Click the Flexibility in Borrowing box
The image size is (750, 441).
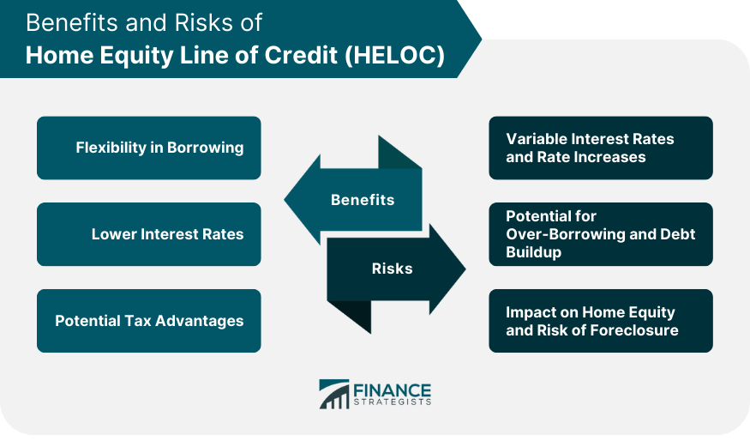(149, 148)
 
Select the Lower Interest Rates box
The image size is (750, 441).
(149, 234)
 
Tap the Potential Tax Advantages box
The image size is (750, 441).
(149, 321)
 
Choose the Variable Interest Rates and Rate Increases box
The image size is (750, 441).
(601, 148)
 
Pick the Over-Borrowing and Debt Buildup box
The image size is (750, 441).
(601, 234)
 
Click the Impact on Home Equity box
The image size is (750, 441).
(601, 321)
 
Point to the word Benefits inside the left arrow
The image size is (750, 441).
(363, 200)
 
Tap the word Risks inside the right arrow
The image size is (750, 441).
(393, 269)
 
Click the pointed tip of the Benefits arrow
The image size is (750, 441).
(285, 200)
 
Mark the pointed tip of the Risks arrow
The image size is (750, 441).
(465, 269)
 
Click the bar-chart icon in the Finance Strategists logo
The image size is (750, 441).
(334, 394)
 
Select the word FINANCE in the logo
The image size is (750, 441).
(393, 390)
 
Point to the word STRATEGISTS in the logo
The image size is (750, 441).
(393, 402)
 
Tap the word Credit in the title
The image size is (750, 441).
(301, 55)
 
